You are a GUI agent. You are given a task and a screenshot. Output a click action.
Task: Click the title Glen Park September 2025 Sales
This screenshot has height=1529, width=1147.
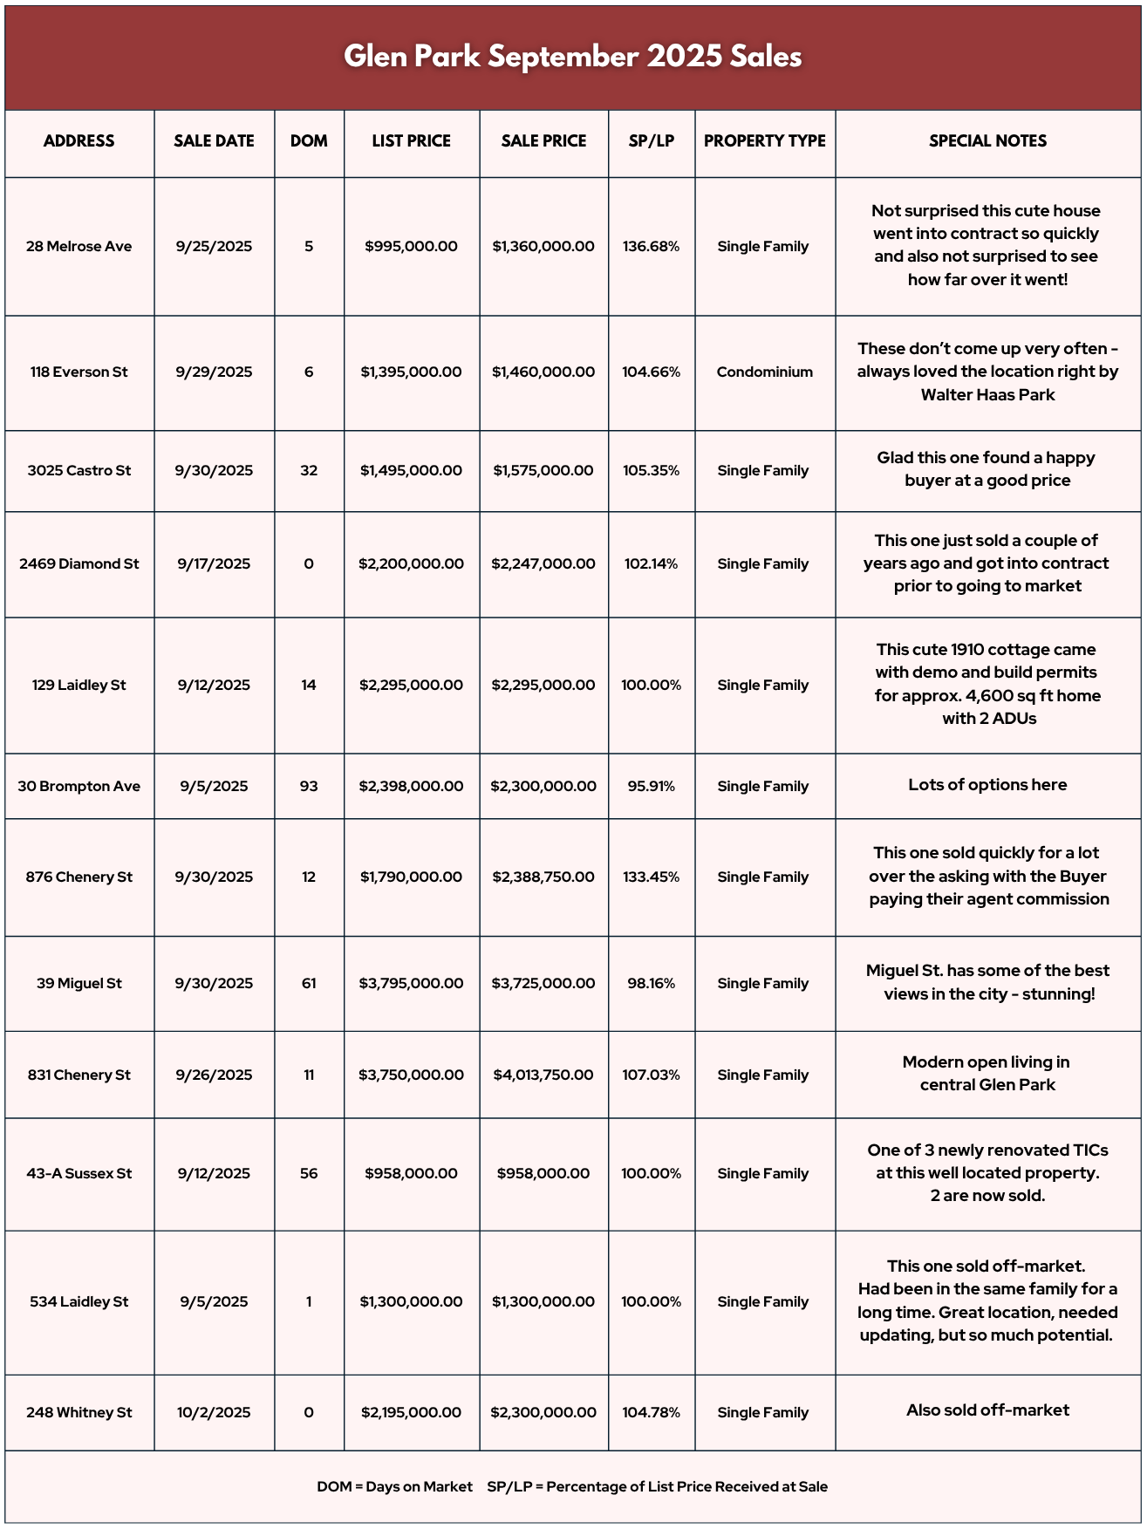(573, 57)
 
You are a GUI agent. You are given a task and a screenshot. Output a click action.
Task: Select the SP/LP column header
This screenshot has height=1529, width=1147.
(652, 141)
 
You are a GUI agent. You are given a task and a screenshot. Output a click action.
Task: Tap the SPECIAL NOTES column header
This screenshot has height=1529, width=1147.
(987, 141)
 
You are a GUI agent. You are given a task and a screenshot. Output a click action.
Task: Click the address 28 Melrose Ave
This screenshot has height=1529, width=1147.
(79, 247)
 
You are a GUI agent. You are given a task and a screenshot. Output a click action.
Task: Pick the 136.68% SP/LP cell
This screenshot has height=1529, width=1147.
(651, 247)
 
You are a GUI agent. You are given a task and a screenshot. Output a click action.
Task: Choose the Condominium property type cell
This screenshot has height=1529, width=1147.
(764, 372)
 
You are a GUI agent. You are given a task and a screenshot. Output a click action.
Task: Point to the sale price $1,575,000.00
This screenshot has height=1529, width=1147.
(543, 471)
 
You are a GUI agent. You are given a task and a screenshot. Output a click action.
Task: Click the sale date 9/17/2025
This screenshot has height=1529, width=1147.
(214, 564)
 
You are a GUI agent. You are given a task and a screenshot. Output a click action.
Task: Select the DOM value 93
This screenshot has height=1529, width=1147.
(309, 787)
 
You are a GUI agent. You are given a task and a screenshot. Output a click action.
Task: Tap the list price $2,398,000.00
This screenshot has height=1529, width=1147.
(411, 787)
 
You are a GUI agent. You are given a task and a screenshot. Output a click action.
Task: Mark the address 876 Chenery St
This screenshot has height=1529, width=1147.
(79, 877)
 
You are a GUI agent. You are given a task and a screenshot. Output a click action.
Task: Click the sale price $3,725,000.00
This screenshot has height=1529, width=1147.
(543, 984)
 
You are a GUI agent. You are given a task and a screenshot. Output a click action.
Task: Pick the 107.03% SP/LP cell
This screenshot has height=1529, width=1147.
(651, 1075)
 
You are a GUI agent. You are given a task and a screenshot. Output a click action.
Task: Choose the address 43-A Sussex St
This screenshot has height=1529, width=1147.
(79, 1174)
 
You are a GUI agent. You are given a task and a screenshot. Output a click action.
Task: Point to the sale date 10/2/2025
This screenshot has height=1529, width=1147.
(214, 1413)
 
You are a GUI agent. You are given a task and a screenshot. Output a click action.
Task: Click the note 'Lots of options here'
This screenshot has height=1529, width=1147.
(987, 785)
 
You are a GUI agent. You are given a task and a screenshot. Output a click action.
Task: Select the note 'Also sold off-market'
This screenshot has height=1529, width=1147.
(987, 1410)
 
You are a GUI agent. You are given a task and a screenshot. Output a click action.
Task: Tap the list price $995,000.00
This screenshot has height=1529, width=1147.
(411, 247)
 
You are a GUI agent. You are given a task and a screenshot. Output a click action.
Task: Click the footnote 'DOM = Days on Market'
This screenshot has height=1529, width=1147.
(394, 1487)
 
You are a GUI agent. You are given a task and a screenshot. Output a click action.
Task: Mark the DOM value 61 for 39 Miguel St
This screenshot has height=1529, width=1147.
(309, 984)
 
